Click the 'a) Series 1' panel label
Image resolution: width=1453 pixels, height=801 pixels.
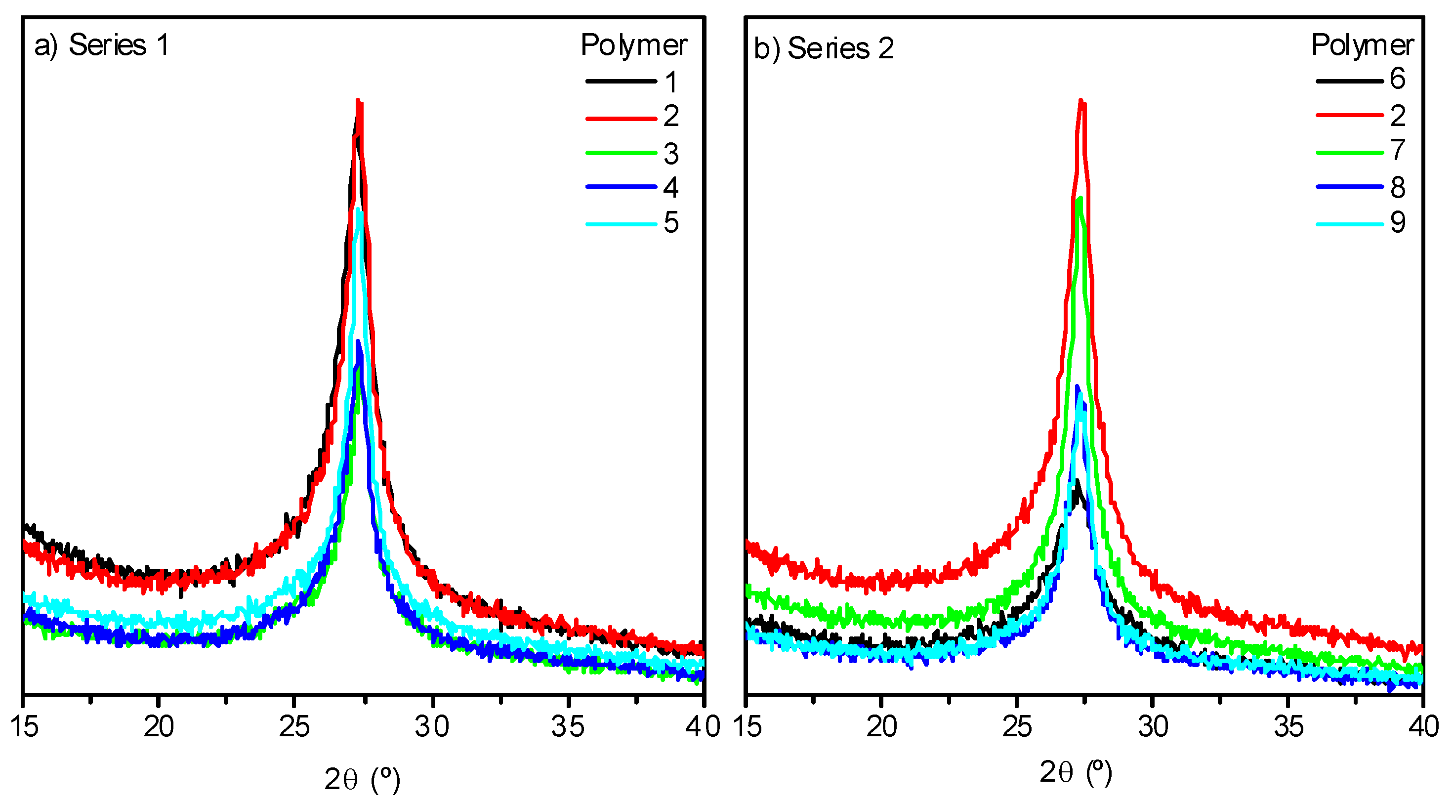[102, 45]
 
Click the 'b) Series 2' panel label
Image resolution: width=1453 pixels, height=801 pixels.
[823, 48]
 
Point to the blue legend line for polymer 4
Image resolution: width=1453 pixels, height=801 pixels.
[621, 187]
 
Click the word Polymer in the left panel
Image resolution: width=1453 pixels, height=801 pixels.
[633, 45]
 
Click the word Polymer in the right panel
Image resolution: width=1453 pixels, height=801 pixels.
[1362, 45]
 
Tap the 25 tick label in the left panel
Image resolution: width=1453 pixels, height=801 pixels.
[294, 726]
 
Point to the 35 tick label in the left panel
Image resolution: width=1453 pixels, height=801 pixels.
[568, 726]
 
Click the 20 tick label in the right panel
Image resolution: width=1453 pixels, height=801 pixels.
[881, 726]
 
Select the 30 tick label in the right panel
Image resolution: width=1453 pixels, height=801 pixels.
[1152, 726]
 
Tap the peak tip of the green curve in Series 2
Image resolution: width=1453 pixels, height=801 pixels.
[1079, 199]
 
